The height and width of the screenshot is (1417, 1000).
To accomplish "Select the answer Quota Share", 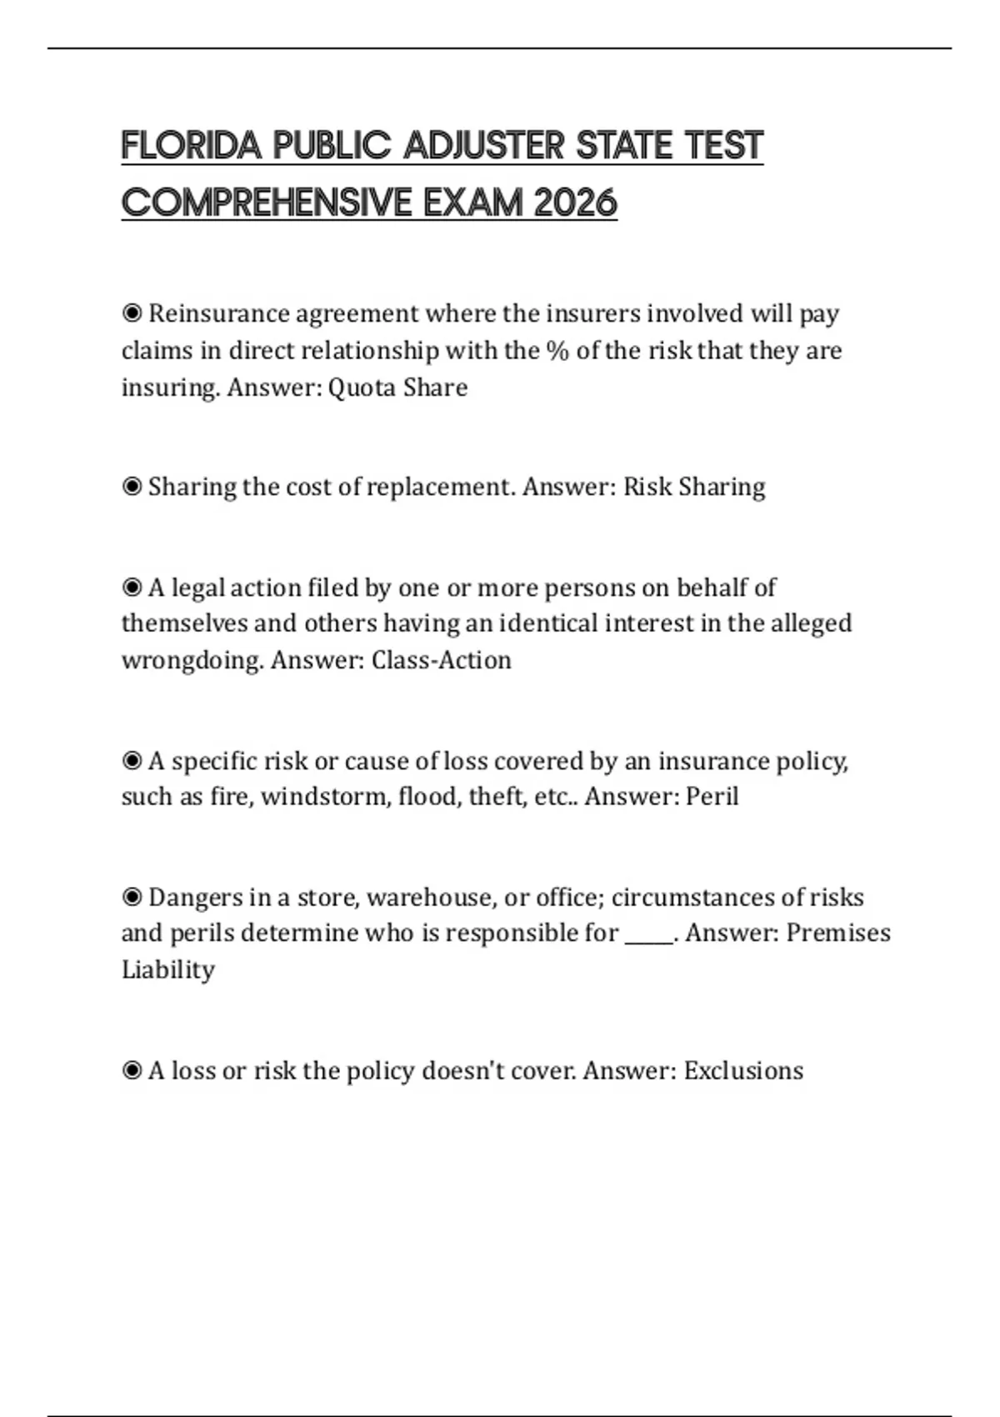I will [397, 388].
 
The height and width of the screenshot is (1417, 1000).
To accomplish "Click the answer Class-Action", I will [441, 660].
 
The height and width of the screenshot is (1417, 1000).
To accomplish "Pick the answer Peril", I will [712, 797].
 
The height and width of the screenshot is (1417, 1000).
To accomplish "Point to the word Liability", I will [168, 970].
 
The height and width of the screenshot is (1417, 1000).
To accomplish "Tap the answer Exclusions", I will [743, 1071].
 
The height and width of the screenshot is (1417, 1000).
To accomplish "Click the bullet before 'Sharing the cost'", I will [132, 487].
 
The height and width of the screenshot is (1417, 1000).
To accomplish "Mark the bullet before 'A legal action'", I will [132, 588].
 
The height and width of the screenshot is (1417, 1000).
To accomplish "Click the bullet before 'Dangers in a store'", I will [132, 898].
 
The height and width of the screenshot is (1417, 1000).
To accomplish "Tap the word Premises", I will [838, 933].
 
